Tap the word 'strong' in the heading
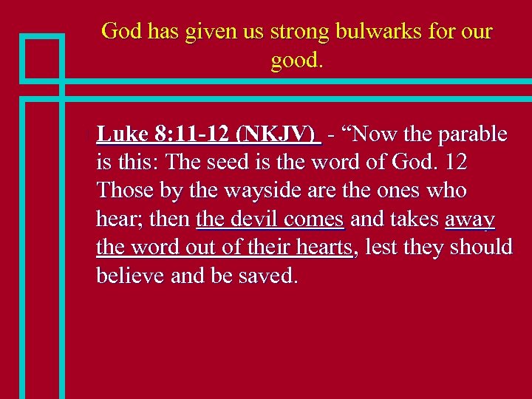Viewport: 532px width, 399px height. click(x=299, y=32)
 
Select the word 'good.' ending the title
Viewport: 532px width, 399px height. click(x=297, y=61)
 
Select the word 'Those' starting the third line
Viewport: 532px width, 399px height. click(x=123, y=191)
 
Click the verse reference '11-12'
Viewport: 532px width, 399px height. click(x=203, y=134)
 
